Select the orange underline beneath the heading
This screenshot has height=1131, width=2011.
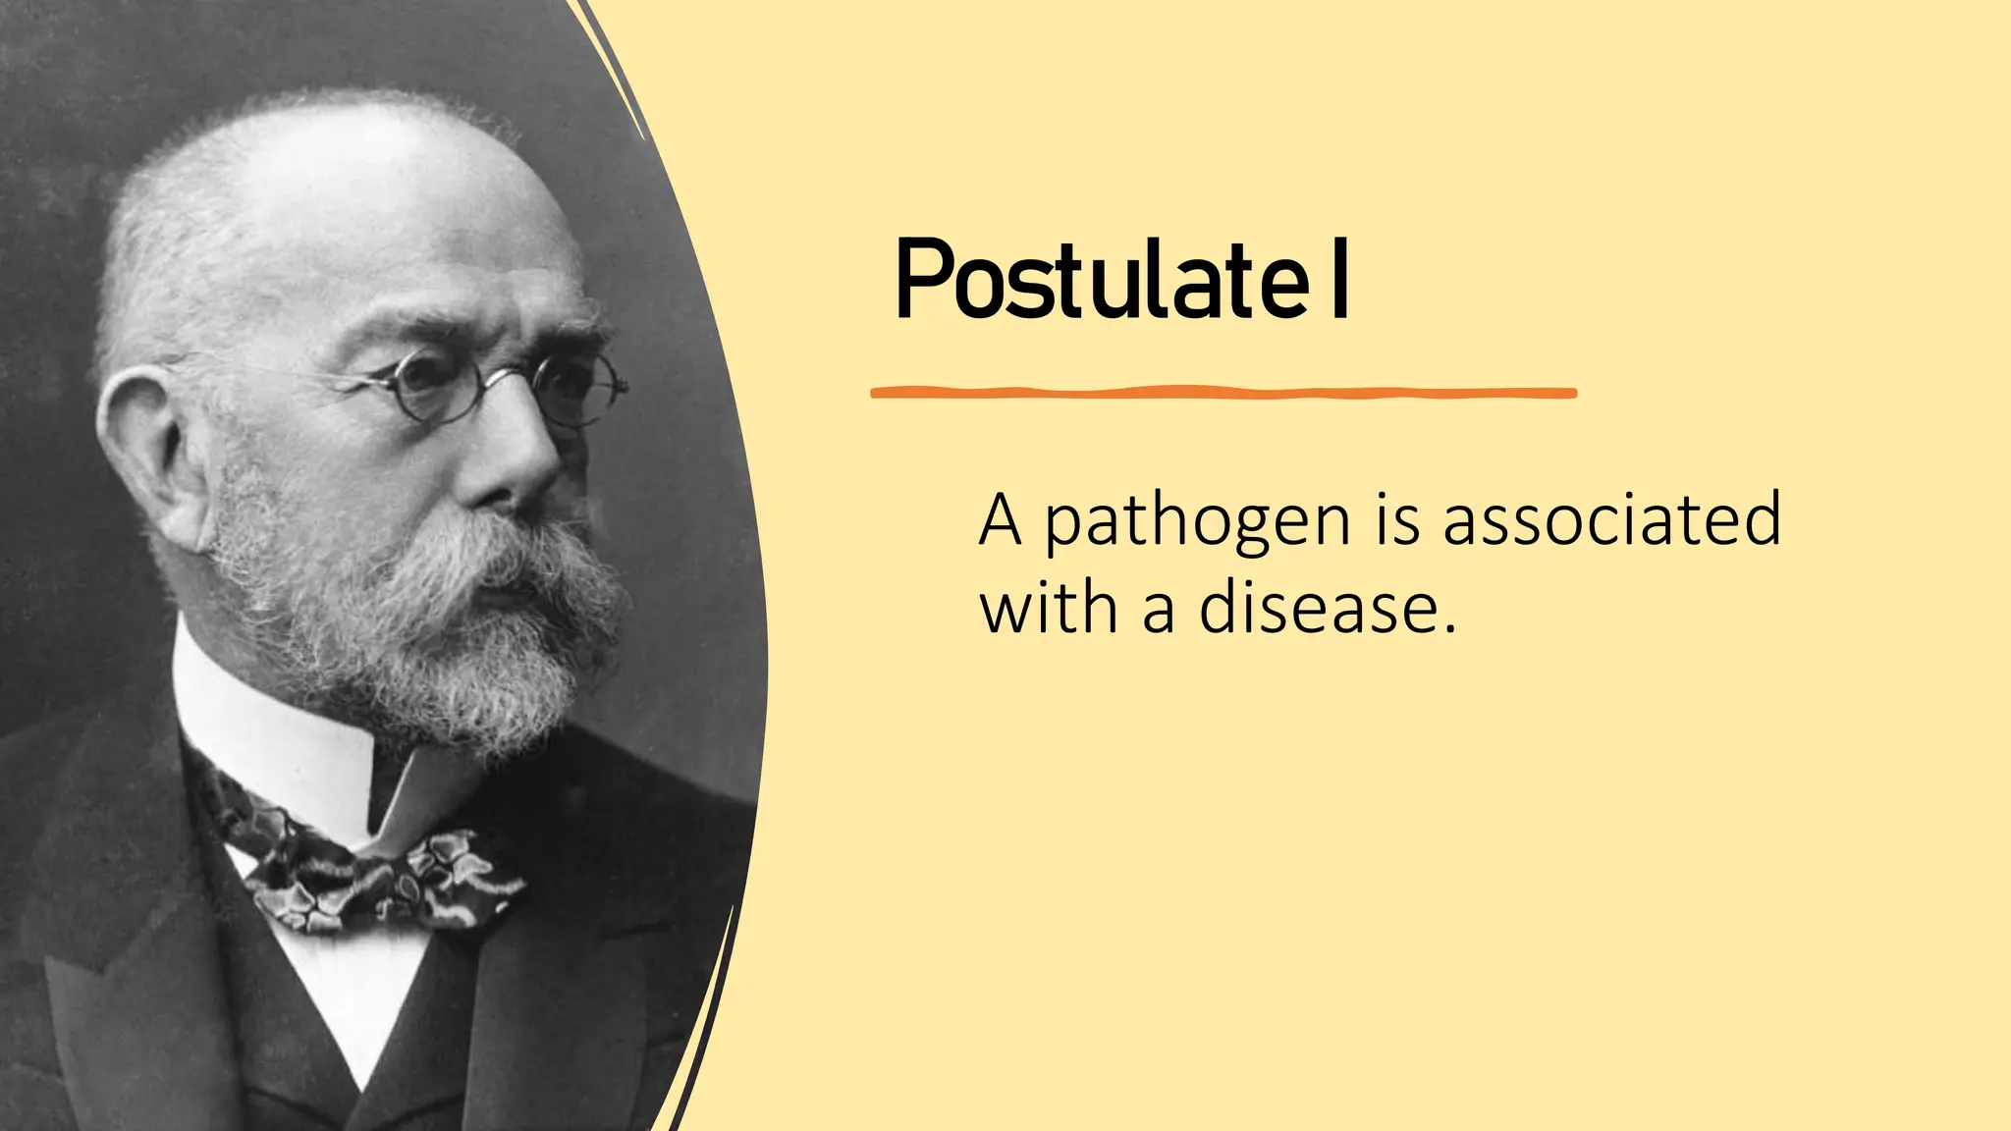1223,393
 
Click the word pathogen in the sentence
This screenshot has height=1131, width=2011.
1197,522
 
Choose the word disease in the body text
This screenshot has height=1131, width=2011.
1315,609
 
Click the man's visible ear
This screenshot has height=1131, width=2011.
147,452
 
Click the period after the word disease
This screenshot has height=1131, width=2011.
1449,628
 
